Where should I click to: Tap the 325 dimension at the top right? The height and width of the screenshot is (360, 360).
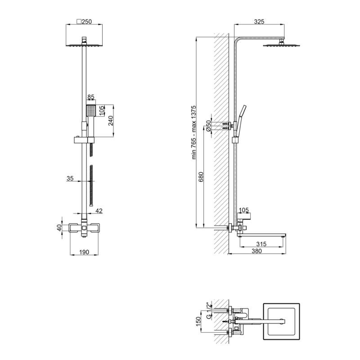(259, 22)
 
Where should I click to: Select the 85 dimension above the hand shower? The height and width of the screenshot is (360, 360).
(91, 97)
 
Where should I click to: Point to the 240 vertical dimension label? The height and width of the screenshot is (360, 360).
(111, 121)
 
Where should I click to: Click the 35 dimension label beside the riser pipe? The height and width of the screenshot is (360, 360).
(70, 178)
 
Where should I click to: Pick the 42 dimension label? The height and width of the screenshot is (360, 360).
(99, 211)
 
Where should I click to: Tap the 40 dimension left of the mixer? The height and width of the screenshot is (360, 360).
(59, 228)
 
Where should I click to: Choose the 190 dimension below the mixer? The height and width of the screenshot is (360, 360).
(84, 252)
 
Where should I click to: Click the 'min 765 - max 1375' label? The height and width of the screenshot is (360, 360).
(194, 132)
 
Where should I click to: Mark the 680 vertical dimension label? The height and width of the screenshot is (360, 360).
(201, 177)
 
